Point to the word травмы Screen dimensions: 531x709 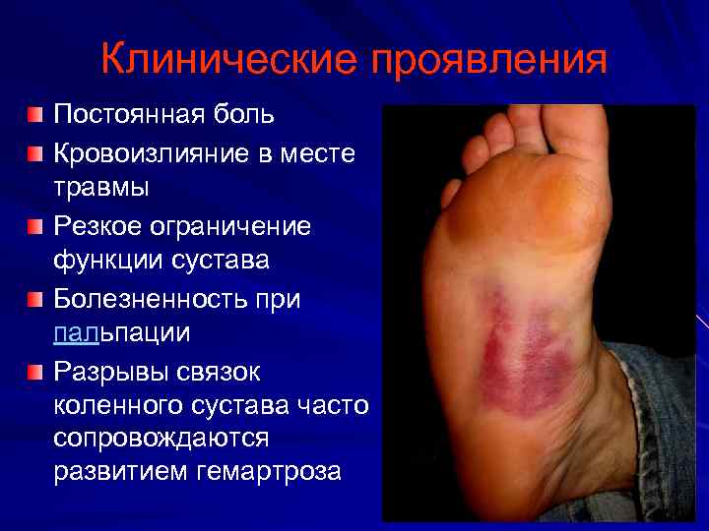[101, 185]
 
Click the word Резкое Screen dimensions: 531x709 [98, 227]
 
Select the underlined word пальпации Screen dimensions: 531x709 [121, 332]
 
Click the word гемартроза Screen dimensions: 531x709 [269, 471]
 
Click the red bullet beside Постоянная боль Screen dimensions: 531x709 [35, 115]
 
